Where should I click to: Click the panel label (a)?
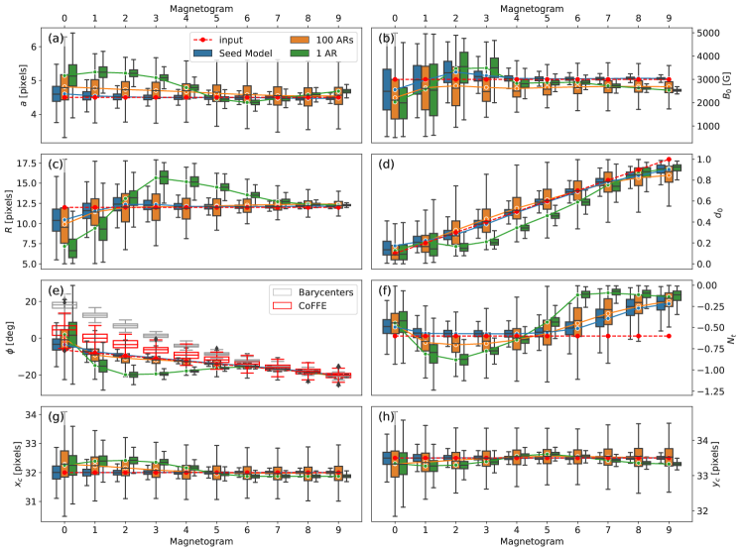(61, 41)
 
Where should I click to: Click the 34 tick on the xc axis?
(34, 414)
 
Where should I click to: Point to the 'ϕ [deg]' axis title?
(12, 337)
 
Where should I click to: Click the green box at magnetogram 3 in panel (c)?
(165, 176)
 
